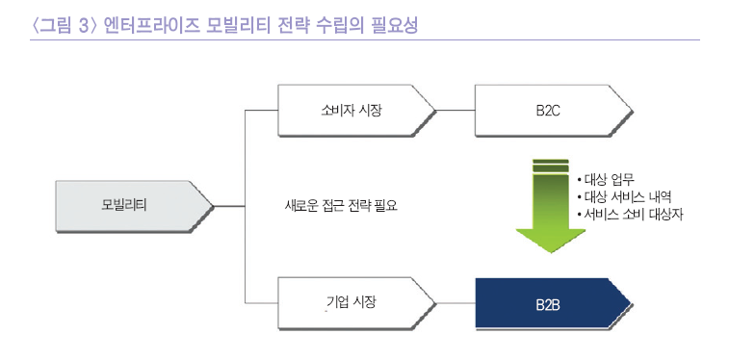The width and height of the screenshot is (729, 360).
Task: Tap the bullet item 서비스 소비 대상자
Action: [637, 214]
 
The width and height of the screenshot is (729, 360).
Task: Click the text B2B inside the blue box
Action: [548, 304]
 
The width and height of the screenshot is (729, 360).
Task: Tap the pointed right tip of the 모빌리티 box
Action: [211, 205]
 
